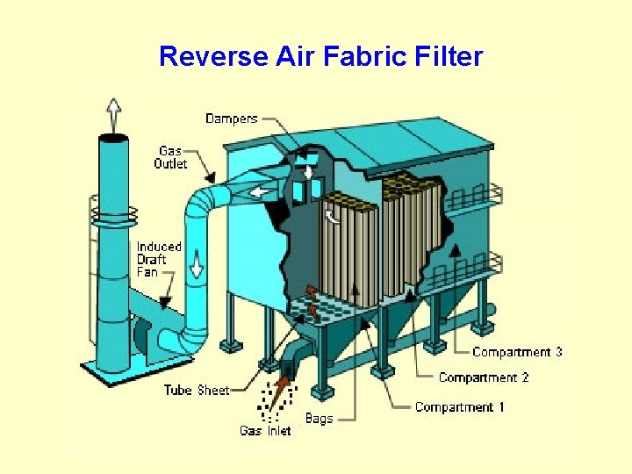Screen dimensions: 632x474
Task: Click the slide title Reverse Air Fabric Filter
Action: point(320,57)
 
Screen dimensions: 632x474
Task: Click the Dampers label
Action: point(232,118)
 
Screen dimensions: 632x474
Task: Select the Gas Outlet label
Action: point(170,157)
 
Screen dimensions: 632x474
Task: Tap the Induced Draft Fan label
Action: point(159,259)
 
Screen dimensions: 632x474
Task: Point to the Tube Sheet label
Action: point(196,390)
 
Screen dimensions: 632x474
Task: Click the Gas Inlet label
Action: point(265,430)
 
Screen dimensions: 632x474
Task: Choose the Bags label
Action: point(319,418)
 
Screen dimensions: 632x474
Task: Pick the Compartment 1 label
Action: point(459,407)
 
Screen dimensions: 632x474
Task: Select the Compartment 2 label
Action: point(484,377)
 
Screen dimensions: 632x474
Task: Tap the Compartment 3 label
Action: point(517,352)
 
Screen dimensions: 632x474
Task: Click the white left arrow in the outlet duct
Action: point(259,191)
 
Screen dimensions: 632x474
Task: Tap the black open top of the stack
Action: point(112,138)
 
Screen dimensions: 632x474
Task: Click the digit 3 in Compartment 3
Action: point(557,352)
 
